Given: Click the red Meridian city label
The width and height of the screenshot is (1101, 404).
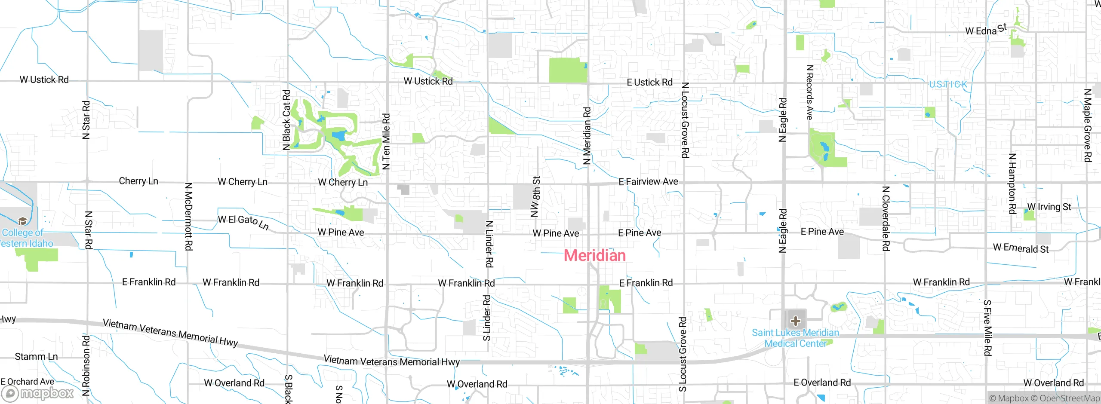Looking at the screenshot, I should (x=595, y=255).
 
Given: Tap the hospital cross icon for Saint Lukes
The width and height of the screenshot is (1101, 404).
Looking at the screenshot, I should (x=795, y=321).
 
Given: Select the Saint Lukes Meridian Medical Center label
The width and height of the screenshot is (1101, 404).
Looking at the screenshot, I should (x=795, y=338).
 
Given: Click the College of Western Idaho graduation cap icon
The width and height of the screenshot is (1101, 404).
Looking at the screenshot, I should (x=22, y=221).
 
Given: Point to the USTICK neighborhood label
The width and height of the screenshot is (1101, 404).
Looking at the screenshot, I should (x=948, y=84).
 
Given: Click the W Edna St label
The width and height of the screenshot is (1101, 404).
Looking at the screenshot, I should (x=986, y=30).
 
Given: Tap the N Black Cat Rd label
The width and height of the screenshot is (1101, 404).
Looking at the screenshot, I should (x=286, y=120).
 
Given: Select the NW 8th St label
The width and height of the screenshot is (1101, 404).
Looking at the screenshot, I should (x=535, y=196).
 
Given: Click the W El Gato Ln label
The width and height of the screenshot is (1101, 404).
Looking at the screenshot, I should (x=243, y=222).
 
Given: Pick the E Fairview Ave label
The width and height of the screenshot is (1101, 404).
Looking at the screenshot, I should (x=648, y=182).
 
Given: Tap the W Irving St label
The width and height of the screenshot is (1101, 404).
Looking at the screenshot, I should (x=1049, y=207).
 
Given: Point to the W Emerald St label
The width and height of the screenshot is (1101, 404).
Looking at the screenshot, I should (x=1021, y=248).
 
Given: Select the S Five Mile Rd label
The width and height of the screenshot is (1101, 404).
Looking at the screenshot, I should (x=987, y=328).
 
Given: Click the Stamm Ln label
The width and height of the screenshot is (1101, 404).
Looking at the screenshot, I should (x=36, y=357).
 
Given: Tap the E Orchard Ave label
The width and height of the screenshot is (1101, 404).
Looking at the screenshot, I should (x=28, y=382).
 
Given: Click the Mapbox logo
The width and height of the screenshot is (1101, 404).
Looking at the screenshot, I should (x=38, y=393).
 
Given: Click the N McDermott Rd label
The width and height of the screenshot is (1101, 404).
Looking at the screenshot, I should (x=188, y=217).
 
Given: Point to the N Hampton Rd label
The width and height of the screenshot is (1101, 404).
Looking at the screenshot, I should (x=1012, y=184).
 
